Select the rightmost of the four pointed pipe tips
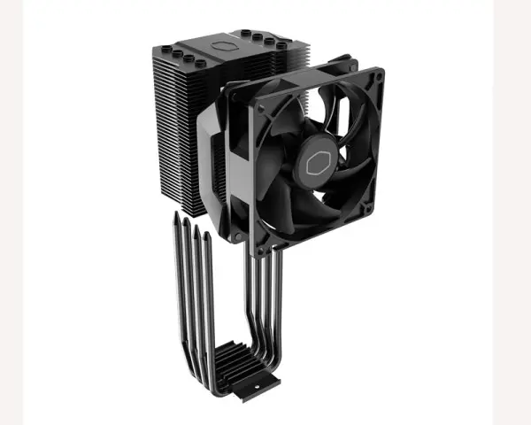pyautogui.click(x=211, y=232)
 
